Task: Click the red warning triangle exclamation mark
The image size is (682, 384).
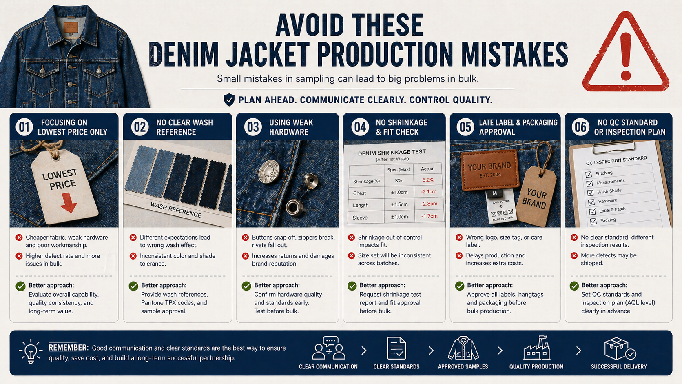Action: [x=626, y=56]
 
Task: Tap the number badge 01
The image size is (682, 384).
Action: [x=24, y=127]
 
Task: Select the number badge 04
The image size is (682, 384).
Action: [x=360, y=127]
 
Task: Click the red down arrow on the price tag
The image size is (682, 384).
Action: [x=68, y=202]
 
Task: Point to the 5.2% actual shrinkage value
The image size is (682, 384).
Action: [x=428, y=180]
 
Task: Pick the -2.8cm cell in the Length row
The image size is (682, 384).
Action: [x=429, y=204]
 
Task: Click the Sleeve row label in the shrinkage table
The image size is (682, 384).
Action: [x=360, y=218]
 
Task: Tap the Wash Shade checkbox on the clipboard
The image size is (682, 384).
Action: [x=590, y=193]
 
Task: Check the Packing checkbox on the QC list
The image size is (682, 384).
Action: [x=593, y=221]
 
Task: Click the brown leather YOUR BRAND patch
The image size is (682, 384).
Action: [x=489, y=170]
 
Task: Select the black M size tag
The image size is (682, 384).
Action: [x=494, y=193]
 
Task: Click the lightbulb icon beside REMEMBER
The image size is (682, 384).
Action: [x=31, y=351]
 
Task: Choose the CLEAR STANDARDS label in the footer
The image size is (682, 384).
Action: [x=396, y=366]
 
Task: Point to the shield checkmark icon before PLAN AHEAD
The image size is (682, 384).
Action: [x=229, y=100]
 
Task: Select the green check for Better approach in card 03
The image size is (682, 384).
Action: [x=246, y=286]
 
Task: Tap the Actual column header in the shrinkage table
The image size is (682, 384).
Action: [x=427, y=169]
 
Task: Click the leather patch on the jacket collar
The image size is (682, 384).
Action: [x=71, y=27]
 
